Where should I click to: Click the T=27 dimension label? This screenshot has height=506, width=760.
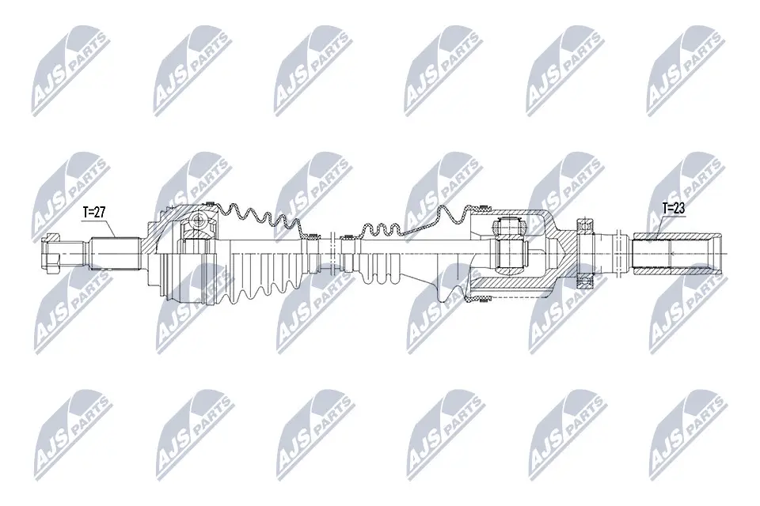click(x=94, y=212)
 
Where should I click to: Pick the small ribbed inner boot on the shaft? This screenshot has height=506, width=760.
click(x=380, y=269)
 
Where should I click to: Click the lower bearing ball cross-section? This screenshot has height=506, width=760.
click(x=585, y=281)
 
